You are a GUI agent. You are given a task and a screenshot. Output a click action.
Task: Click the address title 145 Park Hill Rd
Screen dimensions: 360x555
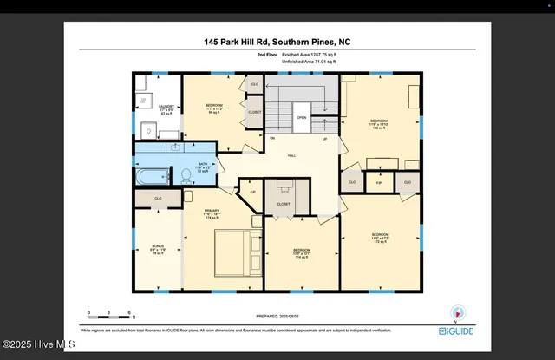coord(277,42)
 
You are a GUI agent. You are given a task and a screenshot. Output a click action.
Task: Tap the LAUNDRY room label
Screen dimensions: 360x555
coord(166,108)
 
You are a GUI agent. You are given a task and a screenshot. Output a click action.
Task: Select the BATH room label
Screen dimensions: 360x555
coord(203,164)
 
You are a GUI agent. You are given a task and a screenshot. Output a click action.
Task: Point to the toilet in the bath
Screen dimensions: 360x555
coord(185,174)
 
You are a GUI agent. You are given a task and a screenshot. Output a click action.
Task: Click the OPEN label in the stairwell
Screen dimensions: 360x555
coord(301,117)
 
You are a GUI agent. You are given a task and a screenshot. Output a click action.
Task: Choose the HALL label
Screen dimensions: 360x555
coord(292,155)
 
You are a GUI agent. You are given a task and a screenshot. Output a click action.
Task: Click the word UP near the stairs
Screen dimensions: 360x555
coord(324,139)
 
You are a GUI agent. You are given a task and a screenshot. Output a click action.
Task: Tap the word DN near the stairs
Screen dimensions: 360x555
coord(272,139)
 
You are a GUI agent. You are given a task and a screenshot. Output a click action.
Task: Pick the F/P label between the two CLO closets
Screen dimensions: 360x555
coord(379,183)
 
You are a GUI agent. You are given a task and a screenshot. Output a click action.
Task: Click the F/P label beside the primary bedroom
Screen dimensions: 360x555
coord(252,192)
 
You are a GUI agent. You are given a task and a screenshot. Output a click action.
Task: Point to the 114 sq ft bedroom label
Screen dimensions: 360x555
coord(301,253)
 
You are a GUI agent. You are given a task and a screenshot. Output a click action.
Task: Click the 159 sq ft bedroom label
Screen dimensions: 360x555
coord(380,123)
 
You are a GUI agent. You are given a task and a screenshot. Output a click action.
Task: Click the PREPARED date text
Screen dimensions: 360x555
coord(277,317)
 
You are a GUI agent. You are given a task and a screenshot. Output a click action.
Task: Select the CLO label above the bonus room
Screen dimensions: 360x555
coord(158,199)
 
